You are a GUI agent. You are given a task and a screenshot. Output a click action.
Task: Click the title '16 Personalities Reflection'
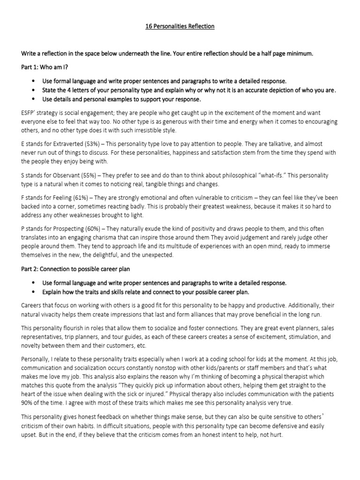coord(180,26)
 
